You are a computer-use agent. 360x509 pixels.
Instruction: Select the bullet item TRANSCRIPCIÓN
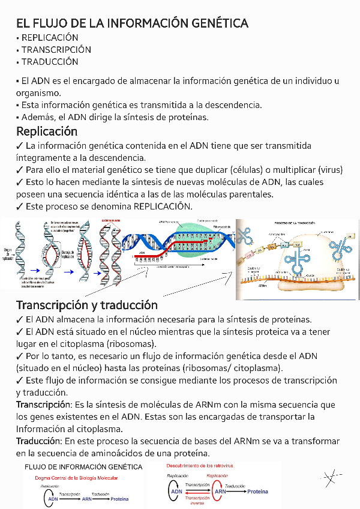[x=56, y=50]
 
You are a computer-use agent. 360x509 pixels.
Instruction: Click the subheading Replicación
[x=47, y=131]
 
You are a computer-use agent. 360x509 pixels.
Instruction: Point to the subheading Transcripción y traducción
[x=87, y=305]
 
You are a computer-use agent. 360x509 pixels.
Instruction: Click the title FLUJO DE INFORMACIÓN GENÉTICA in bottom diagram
[x=83, y=467]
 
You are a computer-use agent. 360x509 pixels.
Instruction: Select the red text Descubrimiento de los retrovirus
[x=200, y=466]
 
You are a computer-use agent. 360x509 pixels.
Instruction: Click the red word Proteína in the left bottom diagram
[x=119, y=499]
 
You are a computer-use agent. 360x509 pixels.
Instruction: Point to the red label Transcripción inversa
[x=197, y=500]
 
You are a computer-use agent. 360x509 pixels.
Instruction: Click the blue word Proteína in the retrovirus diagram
[x=258, y=492]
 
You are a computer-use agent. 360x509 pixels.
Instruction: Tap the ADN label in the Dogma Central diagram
[x=53, y=499]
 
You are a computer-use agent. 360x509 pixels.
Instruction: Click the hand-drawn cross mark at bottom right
[x=329, y=478]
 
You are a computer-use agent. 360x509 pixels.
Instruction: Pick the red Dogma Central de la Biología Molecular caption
[x=76, y=478]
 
